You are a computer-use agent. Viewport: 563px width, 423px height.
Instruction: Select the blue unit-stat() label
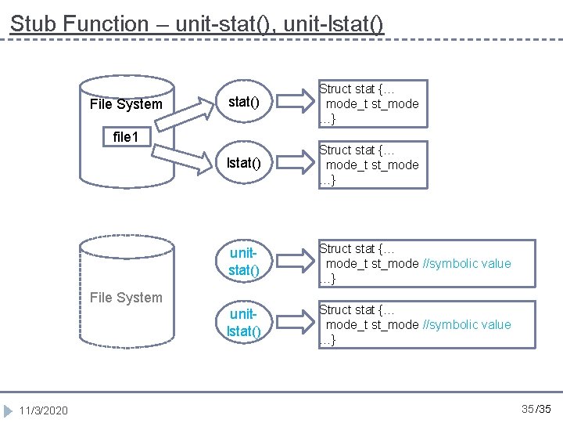point(243,262)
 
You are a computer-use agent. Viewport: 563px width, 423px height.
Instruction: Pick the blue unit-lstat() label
point(243,323)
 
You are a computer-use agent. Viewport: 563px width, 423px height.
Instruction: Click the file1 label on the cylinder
point(126,137)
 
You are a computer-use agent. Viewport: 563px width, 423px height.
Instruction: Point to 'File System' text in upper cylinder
point(126,104)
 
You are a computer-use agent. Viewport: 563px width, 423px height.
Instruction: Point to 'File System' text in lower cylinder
point(126,297)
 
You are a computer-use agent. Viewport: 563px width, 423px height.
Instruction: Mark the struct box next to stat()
point(372,103)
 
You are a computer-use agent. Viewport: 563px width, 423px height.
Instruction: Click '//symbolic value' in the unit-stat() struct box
point(467,263)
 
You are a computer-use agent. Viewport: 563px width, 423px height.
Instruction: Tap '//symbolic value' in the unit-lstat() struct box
point(467,324)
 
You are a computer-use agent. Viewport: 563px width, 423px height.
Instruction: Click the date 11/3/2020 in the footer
point(44,410)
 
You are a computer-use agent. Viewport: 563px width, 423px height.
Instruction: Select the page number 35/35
point(536,409)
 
